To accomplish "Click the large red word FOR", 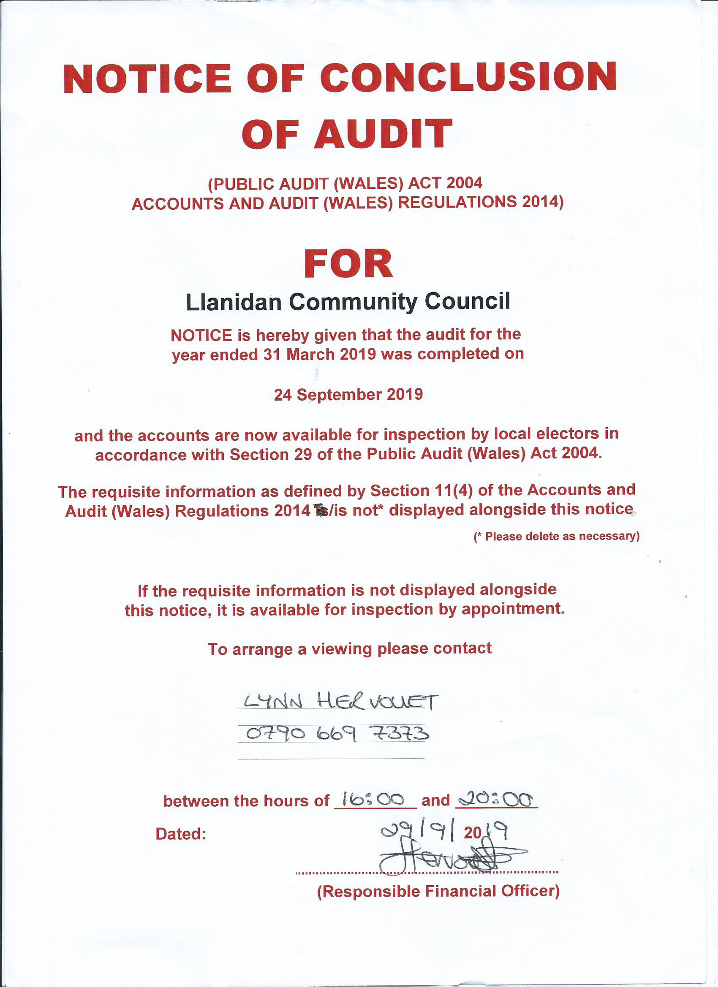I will pos(348,264).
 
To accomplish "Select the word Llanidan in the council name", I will pos(234,302).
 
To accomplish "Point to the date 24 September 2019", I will pos(348,394).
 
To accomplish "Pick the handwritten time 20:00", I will pos(495,799).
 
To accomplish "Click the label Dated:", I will pos(180,834).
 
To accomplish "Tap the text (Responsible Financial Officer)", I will pos(438,891).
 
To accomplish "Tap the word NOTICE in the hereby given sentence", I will pos(201,335).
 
